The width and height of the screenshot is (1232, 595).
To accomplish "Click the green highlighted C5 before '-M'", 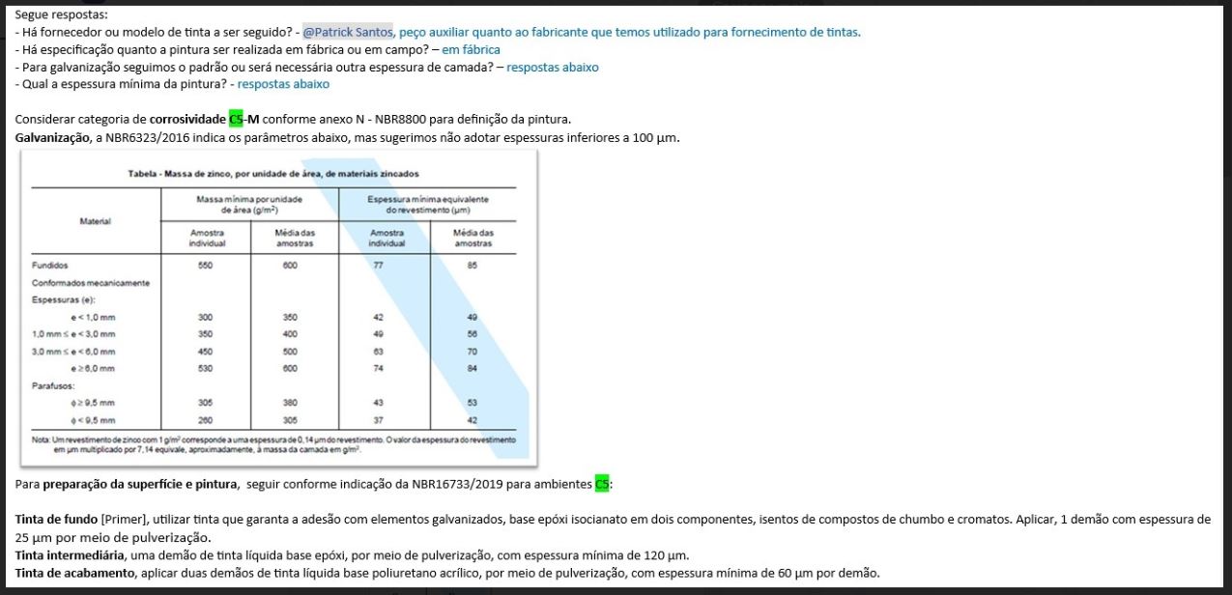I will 236,120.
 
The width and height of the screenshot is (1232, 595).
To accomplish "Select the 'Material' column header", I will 94,221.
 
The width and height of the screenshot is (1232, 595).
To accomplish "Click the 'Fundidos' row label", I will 50,265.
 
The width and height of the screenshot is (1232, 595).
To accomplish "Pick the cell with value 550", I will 205,265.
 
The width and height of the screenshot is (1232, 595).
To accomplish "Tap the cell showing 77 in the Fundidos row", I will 379,265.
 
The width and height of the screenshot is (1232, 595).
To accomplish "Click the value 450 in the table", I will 205,351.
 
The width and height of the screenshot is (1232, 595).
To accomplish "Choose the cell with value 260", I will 205,420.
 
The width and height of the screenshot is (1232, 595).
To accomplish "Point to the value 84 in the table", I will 472,368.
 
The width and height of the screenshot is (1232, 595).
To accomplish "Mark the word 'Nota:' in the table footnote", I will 41,439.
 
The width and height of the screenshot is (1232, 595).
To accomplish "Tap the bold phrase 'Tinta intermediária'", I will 70,555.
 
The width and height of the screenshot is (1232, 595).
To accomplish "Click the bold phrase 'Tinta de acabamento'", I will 74,573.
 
